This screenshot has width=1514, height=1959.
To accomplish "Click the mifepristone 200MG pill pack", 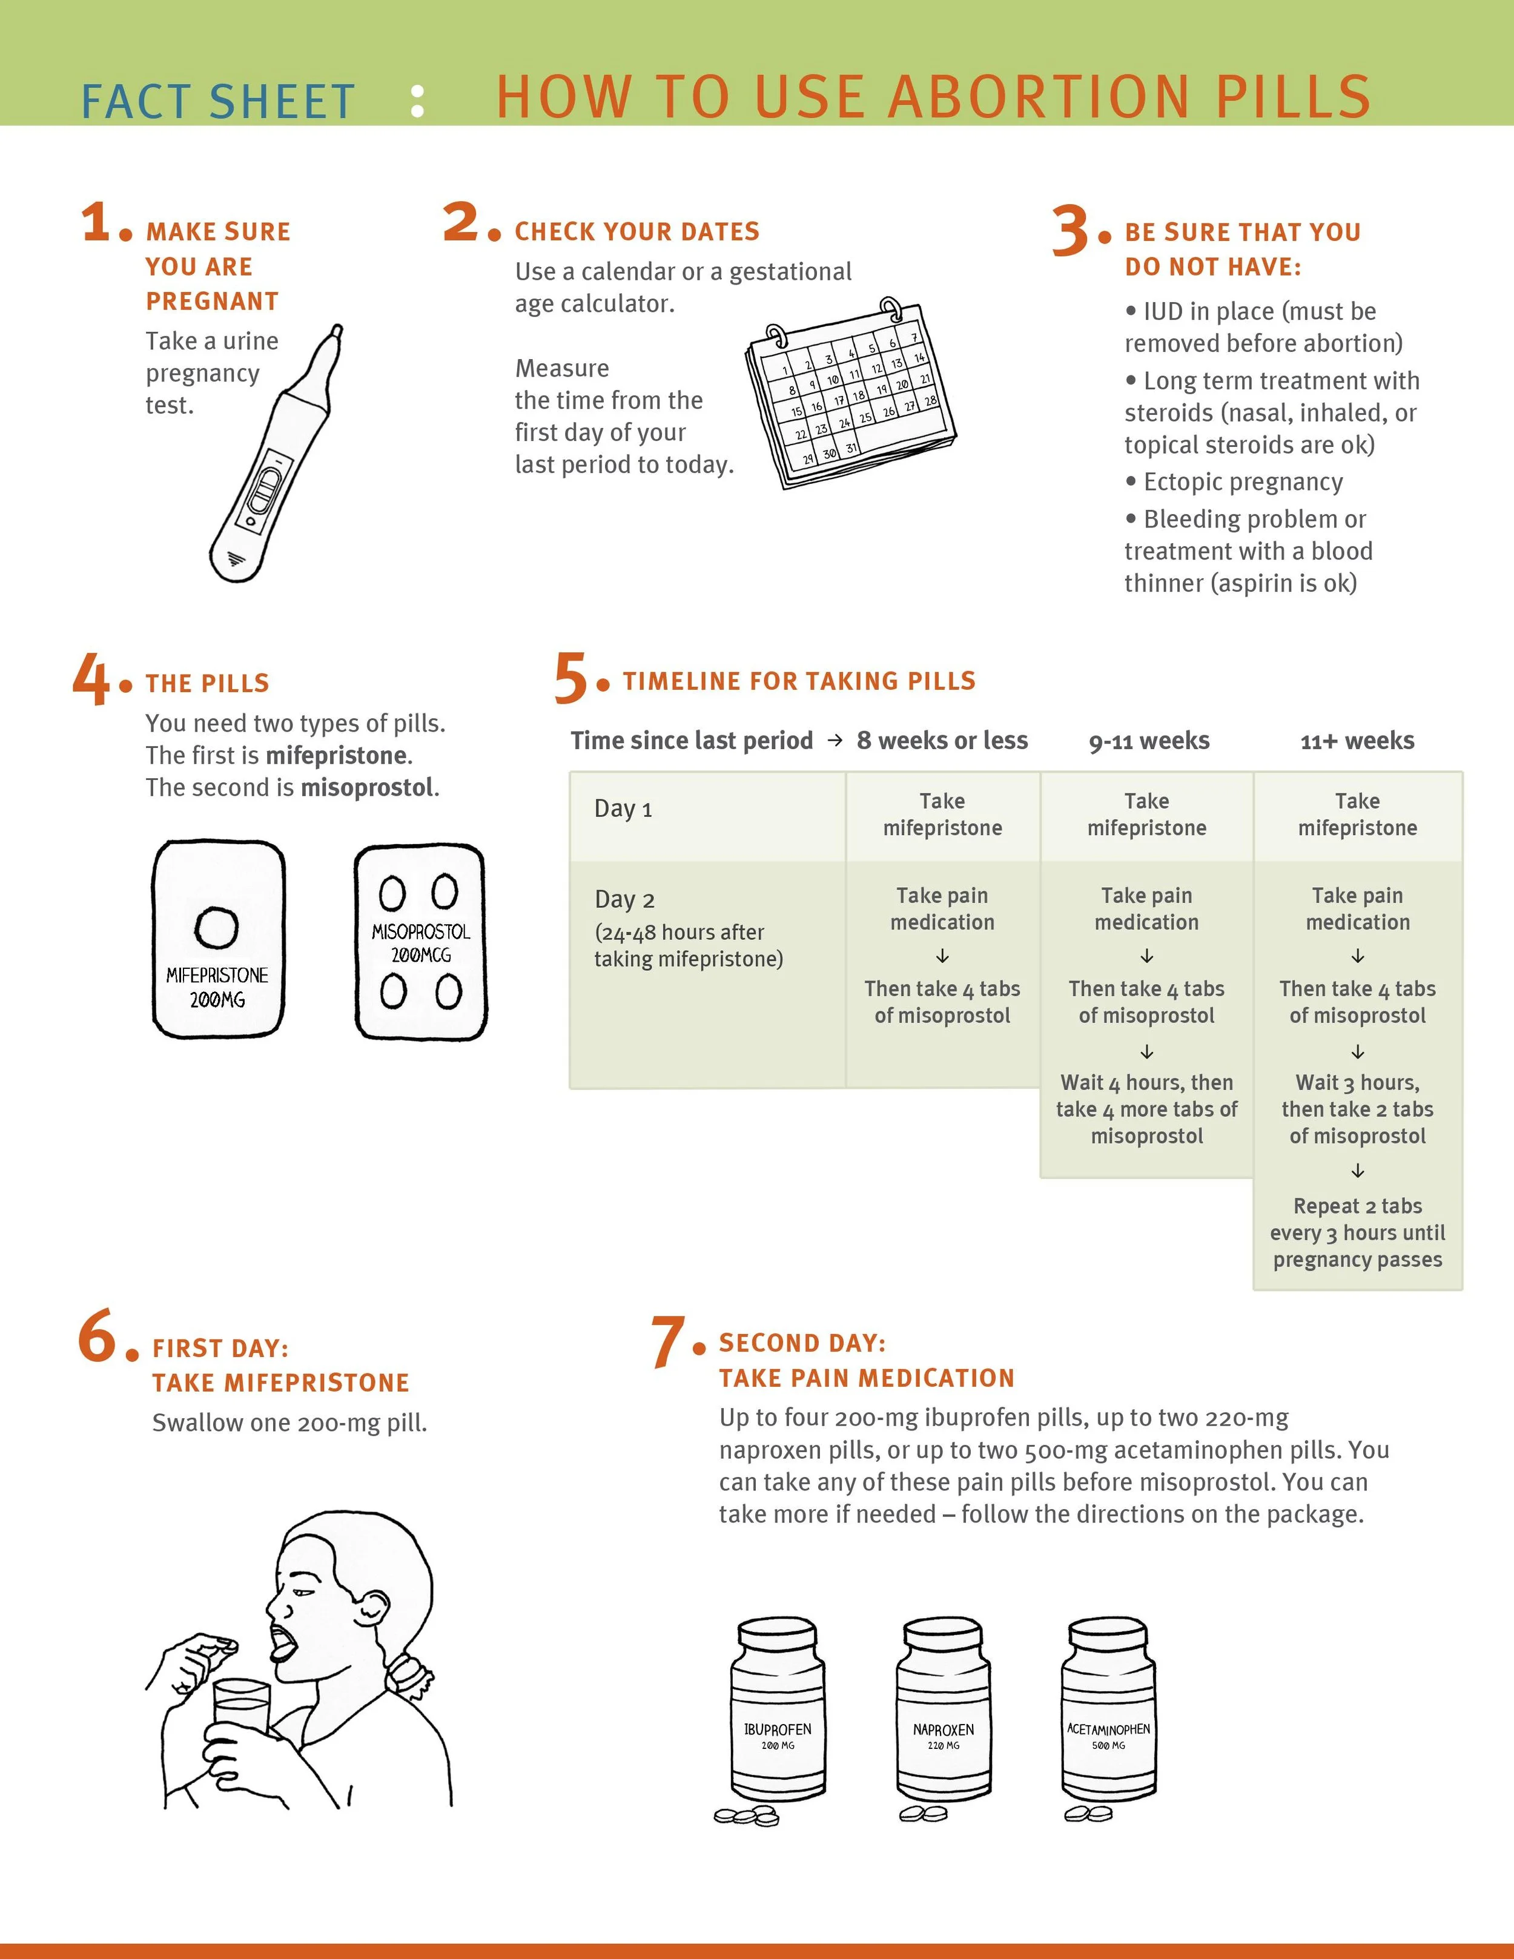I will tap(218, 939).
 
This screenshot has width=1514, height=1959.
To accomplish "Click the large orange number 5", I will tap(570, 679).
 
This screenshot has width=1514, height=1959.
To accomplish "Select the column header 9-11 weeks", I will tap(1148, 741).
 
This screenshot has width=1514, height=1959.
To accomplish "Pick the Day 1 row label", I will tap(623, 808).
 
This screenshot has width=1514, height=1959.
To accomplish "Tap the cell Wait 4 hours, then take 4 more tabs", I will tap(1146, 1109).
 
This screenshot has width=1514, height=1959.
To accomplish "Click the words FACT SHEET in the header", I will tap(218, 101).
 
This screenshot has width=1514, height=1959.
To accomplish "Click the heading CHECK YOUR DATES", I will tap(637, 231).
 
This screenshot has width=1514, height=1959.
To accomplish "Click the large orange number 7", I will tap(668, 1343).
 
